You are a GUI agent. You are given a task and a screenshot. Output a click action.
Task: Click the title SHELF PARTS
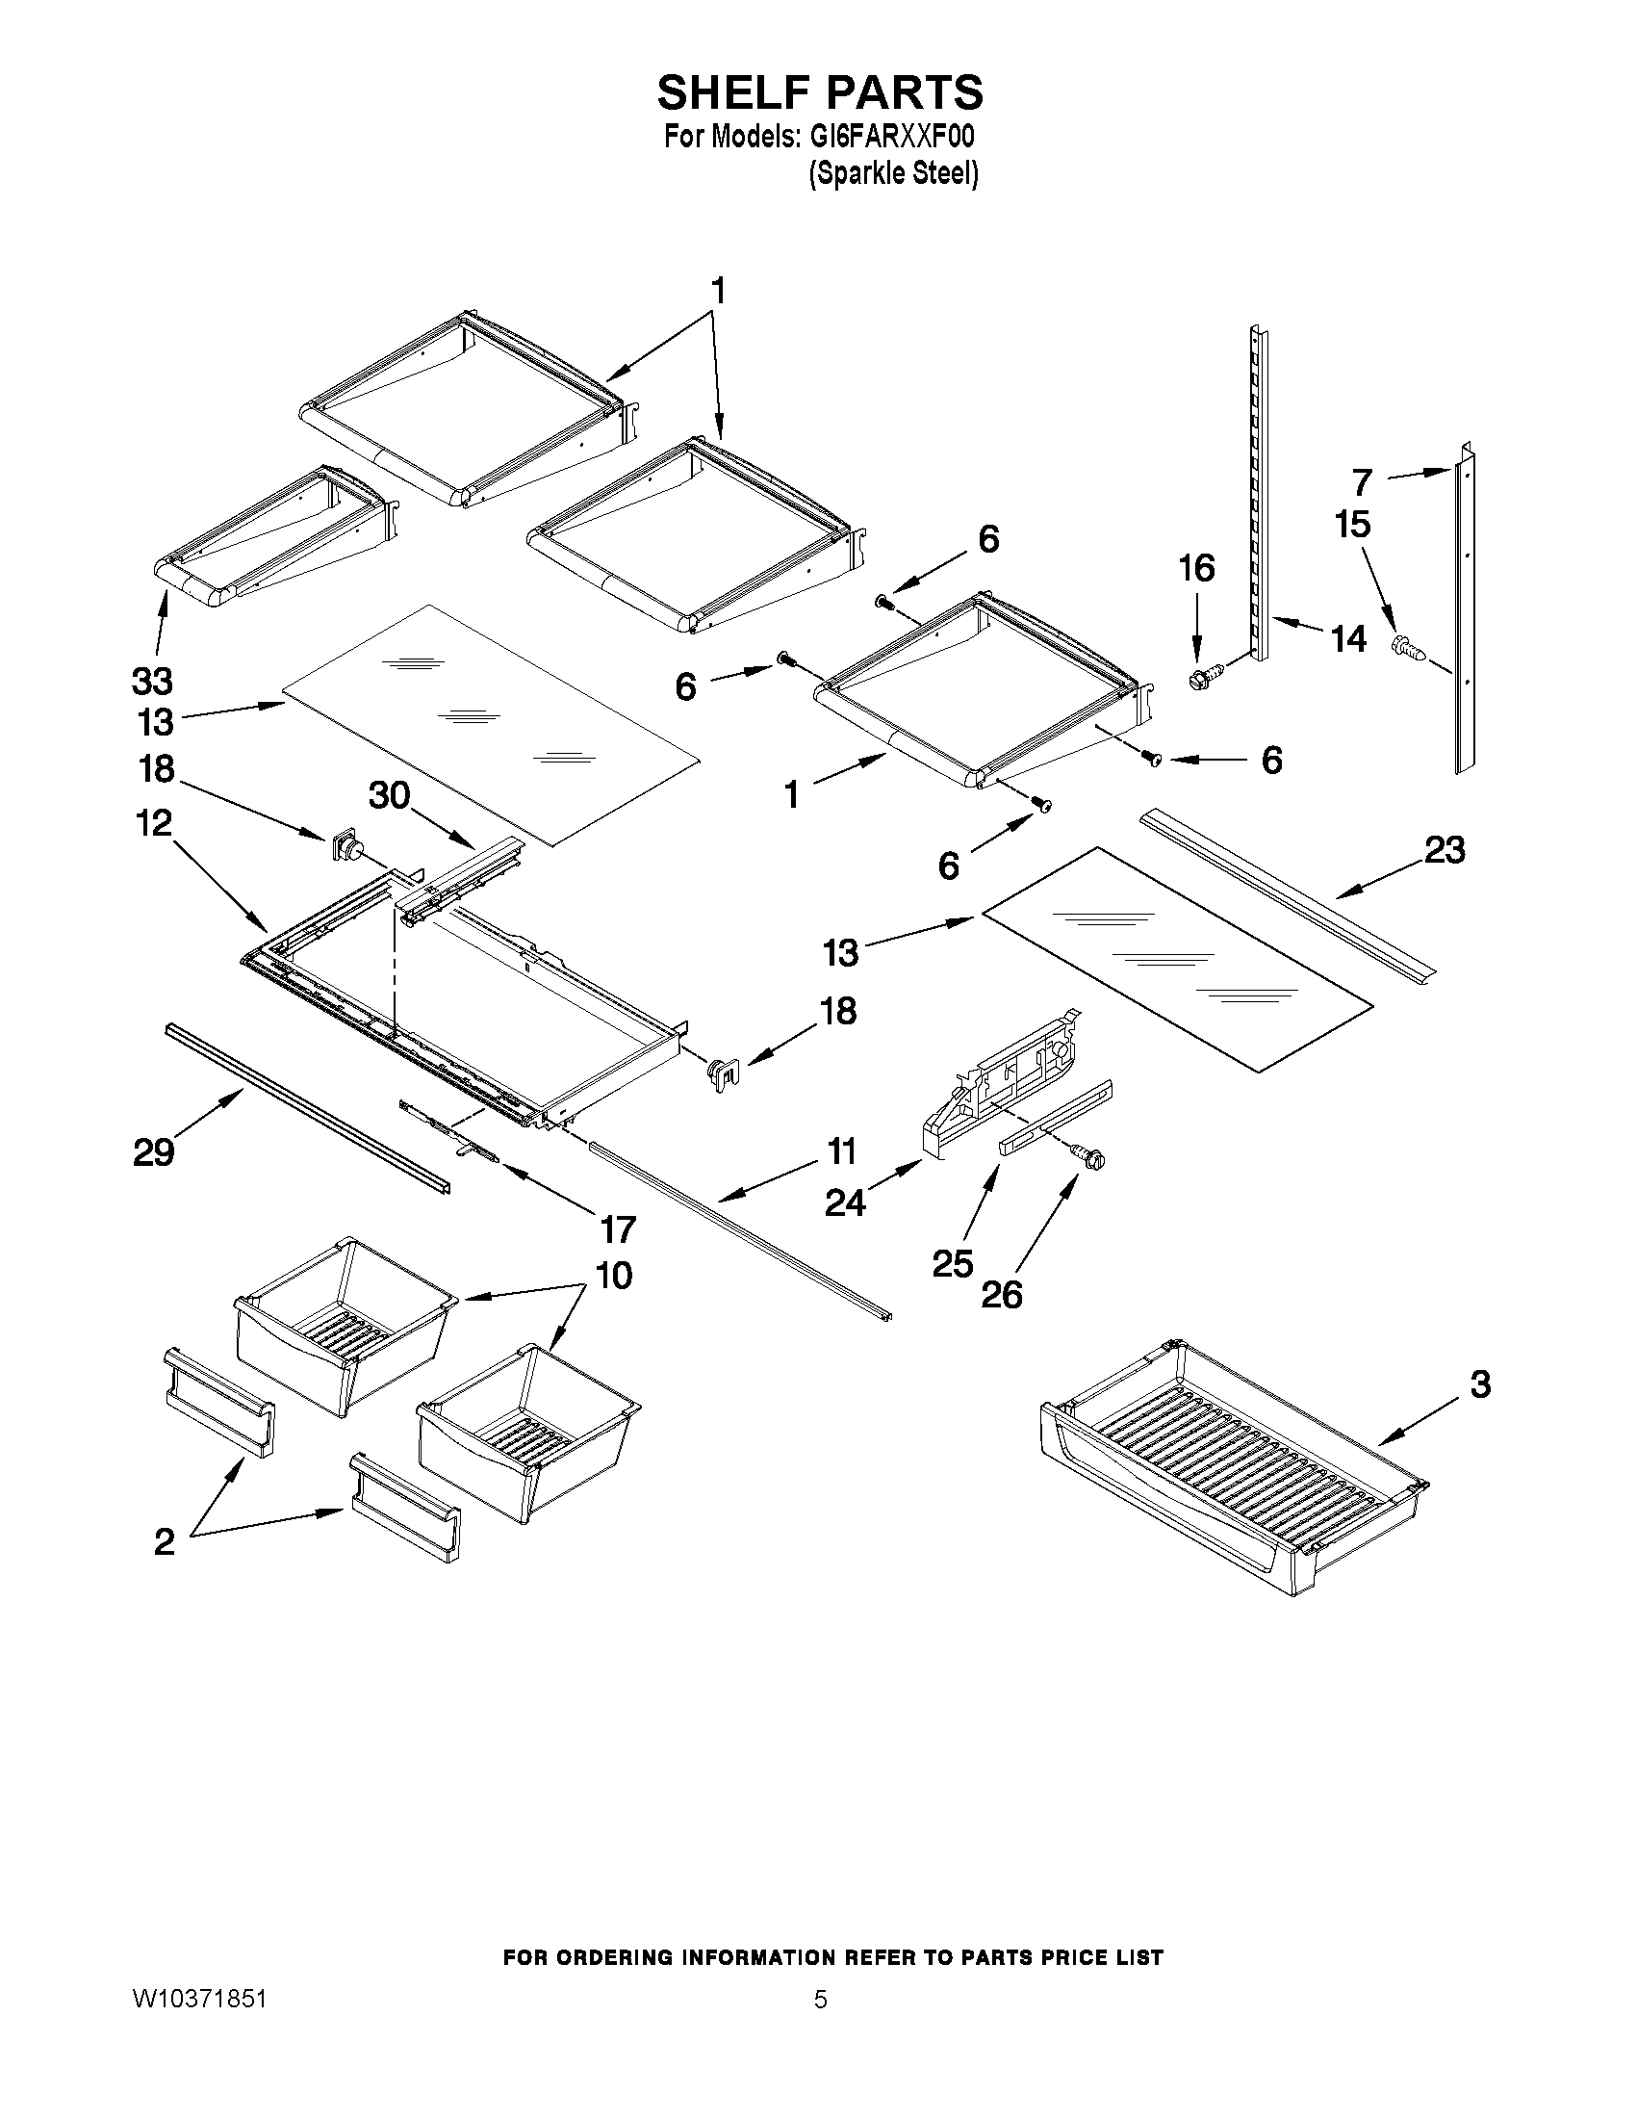tap(820, 93)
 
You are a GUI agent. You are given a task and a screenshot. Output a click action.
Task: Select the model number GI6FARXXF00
tap(890, 137)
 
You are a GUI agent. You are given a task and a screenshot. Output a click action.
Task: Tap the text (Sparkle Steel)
tap(893, 173)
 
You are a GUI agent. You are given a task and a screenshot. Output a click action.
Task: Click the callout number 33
tap(152, 681)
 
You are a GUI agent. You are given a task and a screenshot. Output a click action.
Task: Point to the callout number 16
tap(1197, 569)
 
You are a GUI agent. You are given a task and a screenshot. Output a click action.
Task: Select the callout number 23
tap(1444, 850)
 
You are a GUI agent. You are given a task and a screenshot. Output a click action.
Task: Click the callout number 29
tap(154, 1152)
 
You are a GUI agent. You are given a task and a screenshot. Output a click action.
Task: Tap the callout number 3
tap(1480, 1384)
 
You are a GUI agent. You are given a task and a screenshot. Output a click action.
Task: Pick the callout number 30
tap(389, 795)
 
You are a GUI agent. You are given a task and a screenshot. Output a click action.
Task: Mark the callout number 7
tap(1363, 482)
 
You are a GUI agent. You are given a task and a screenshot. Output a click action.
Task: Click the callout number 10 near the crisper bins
tap(614, 1275)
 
